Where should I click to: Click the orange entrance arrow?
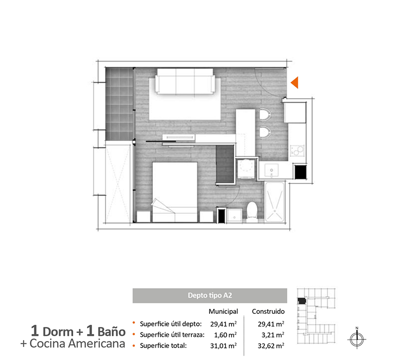(x=295, y=83)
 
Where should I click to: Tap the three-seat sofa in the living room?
(x=185, y=81)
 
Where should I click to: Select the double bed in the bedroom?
(x=175, y=192)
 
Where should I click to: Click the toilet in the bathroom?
(x=252, y=211)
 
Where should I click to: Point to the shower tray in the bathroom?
(x=275, y=202)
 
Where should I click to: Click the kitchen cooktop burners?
(x=297, y=150)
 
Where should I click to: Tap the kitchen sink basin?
(x=271, y=170)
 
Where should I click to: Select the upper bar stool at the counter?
(x=264, y=114)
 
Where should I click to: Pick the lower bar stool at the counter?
(x=264, y=132)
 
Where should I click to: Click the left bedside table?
(x=143, y=217)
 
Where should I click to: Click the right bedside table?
(x=207, y=217)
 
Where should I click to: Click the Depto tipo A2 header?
(x=210, y=295)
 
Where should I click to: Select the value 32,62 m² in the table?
(x=271, y=346)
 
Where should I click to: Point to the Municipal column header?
(x=223, y=311)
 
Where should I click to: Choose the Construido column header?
(x=268, y=311)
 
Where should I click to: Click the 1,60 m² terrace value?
(x=225, y=334)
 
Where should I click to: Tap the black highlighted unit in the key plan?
(x=302, y=301)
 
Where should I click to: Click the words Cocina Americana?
(x=77, y=343)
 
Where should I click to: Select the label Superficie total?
(x=163, y=345)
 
